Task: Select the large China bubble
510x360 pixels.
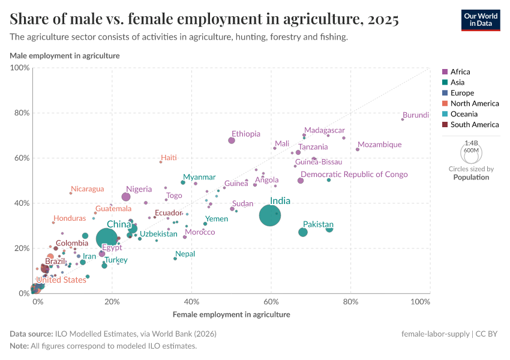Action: point(107,239)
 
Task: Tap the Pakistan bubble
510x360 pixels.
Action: point(303,232)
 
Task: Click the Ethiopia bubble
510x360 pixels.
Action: point(232,140)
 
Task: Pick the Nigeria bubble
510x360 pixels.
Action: point(126,197)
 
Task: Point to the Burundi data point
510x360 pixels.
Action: point(403,119)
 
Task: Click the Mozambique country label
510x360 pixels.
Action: point(379,145)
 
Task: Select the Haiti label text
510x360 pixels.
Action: point(169,157)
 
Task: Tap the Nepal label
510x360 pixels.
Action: point(185,254)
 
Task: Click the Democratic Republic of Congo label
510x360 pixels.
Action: point(354,175)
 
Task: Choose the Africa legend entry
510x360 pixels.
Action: point(460,72)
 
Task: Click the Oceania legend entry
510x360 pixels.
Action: point(463,114)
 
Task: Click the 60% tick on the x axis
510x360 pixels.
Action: point(271,301)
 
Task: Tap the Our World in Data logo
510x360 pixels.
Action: point(480,19)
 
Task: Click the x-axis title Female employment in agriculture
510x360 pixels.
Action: point(231,314)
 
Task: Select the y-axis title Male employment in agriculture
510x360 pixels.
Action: point(65,56)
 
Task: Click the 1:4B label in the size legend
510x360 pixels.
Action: point(471,143)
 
